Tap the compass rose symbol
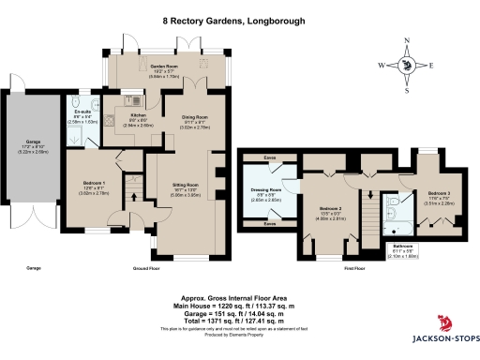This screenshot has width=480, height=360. (407, 65)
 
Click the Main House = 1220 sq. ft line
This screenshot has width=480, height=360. (239, 307)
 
